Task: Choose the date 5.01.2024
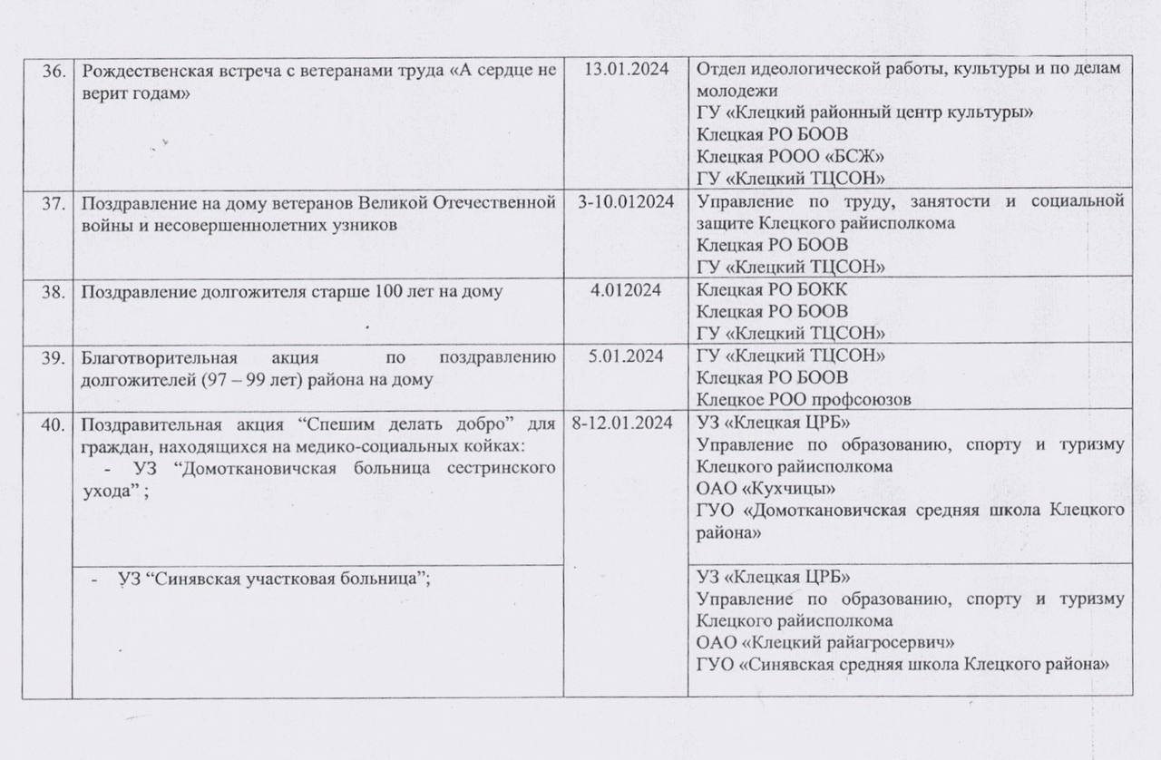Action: pyautogui.click(x=625, y=356)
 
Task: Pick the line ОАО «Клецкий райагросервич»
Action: pyautogui.click(x=824, y=643)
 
